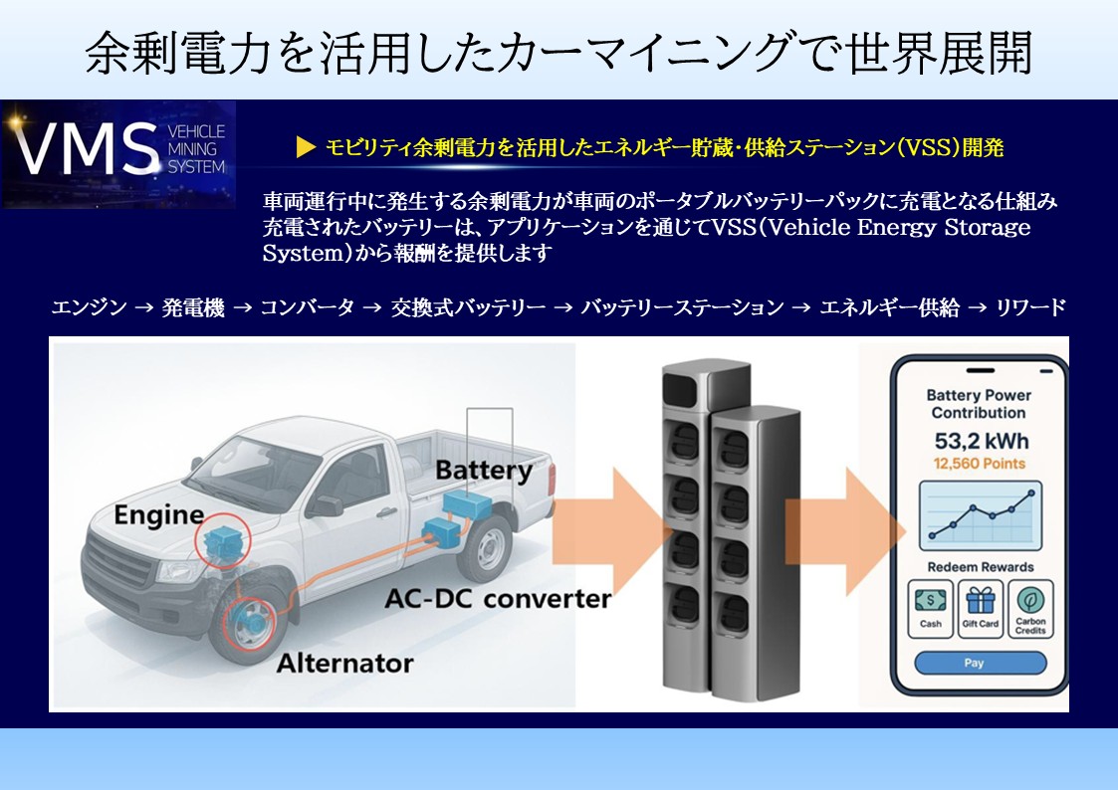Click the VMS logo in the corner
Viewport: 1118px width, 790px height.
click(x=118, y=153)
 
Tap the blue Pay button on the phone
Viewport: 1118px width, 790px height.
click(x=980, y=663)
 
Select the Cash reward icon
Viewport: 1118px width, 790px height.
click(x=930, y=609)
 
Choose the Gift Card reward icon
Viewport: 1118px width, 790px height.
click(x=980, y=609)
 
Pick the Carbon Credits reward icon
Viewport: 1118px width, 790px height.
click(x=1030, y=609)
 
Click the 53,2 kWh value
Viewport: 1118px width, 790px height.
click(x=980, y=441)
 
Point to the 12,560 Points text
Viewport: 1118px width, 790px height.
click(x=980, y=464)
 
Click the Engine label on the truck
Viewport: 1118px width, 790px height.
click(x=159, y=515)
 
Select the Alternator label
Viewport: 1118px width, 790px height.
click(x=344, y=662)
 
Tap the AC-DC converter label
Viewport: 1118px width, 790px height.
click(x=498, y=599)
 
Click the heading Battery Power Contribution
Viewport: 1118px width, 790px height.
click(x=980, y=404)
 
